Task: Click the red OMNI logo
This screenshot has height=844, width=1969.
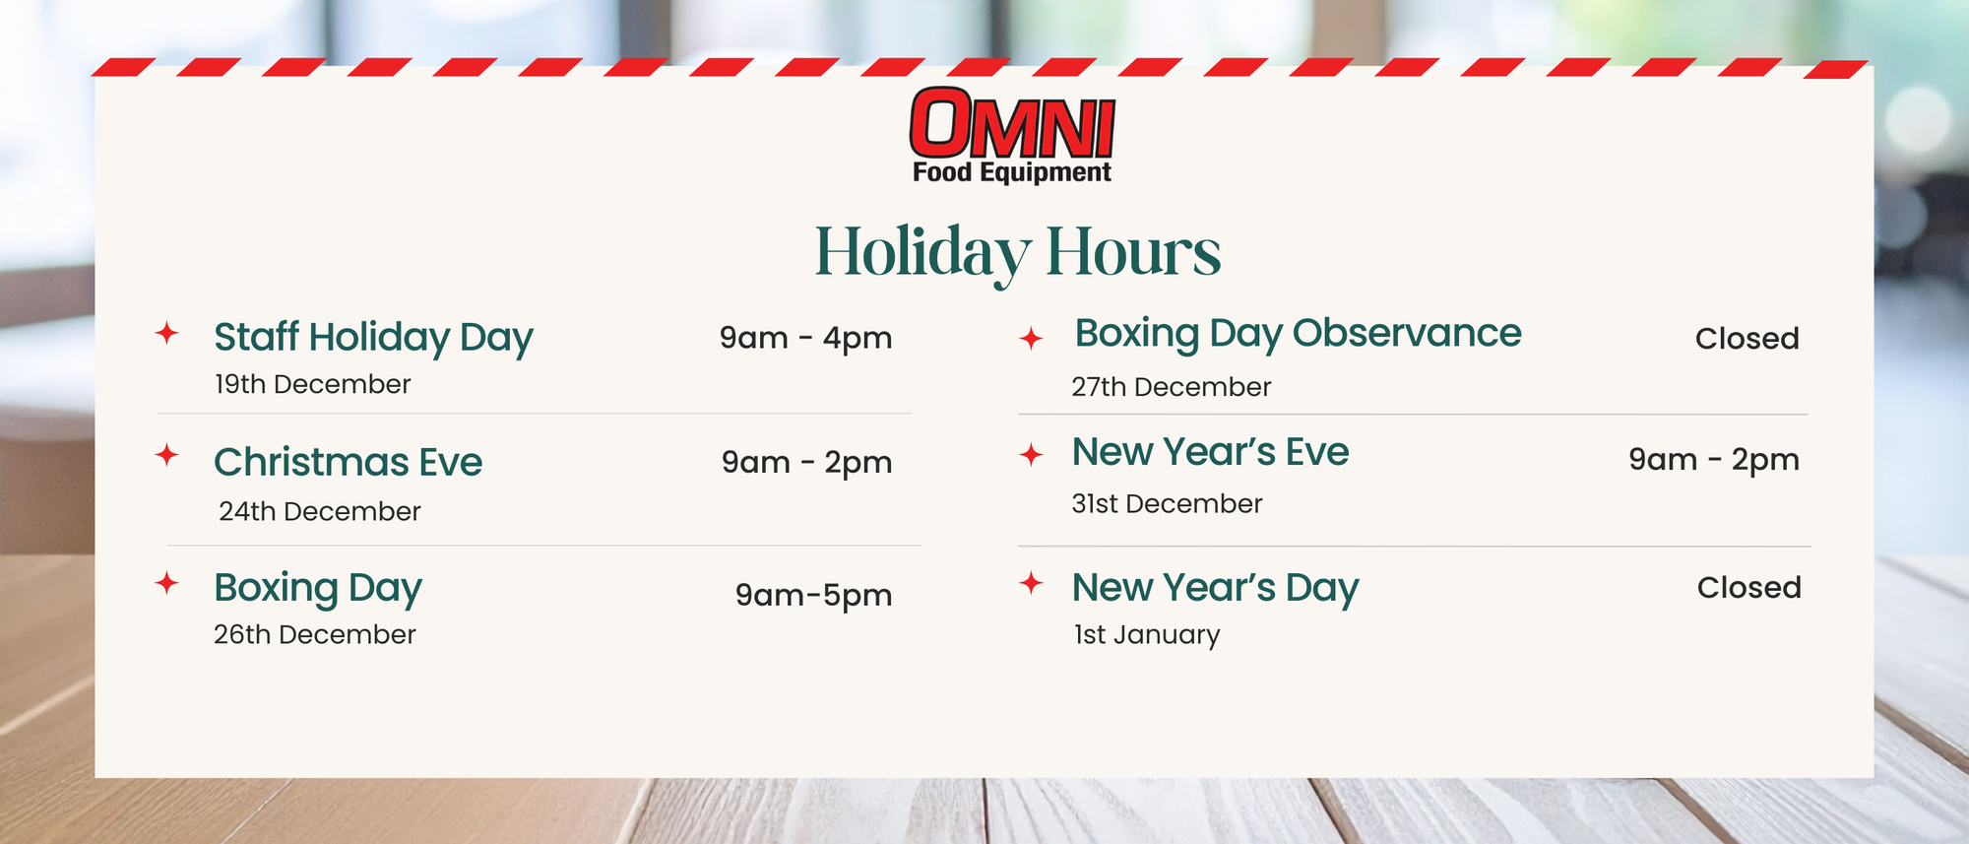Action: [1012, 123]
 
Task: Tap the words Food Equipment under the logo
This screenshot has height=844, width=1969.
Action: [1012, 173]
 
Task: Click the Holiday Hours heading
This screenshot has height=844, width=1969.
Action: [1018, 253]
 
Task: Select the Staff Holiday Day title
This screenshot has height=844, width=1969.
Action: [374, 338]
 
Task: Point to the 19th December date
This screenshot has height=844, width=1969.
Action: [313, 384]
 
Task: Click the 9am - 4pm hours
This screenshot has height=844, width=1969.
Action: [805, 339]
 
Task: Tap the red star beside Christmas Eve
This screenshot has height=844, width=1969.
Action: [167, 455]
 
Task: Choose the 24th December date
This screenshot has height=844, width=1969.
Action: [320, 511]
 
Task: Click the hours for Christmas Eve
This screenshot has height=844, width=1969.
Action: [806, 463]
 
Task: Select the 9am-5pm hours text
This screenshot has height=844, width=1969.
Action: [813, 596]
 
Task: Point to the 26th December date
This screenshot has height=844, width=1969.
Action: [315, 634]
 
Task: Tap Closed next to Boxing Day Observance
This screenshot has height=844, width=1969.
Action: [1747, 339]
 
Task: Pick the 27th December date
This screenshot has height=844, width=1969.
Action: [1172, 387]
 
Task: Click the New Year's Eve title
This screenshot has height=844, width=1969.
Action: [1211, 452]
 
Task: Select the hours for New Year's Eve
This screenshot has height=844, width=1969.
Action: [1714, 460]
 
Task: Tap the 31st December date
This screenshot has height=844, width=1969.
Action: [1167, 503]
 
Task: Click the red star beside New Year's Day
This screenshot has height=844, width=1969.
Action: [1031, 583]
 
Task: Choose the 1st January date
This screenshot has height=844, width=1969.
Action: [1147, 635]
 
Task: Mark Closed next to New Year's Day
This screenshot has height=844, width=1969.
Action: [1748, 588]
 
